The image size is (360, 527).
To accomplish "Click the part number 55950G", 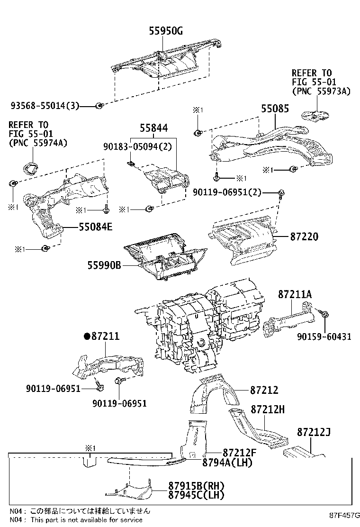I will [166, 32].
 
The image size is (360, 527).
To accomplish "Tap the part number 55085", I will [274, 109].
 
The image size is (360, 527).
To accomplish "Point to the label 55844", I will [153, 128].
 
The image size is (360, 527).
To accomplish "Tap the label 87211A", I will [295, 295].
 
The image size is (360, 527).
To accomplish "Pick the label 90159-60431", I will [324, 337].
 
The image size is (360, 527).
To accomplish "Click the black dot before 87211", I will [86, 336].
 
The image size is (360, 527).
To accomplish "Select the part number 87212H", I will [268, 409].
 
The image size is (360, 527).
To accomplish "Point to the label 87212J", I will [314, 432].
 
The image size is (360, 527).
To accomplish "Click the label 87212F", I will [239, 453].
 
